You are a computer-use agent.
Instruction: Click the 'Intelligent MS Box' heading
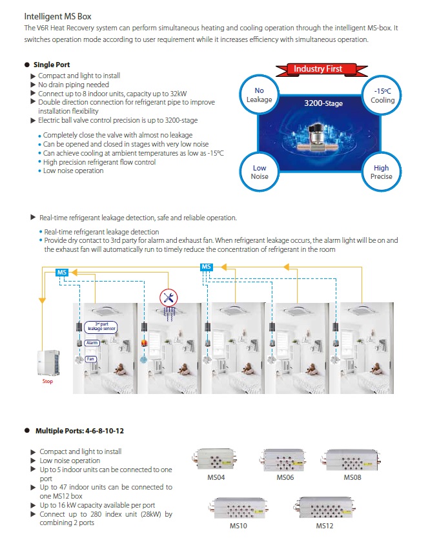(57, 16)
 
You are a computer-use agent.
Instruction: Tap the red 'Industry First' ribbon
(321, 69)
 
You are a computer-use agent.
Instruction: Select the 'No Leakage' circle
(259, 95)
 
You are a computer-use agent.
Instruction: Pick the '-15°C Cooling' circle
(382, 96)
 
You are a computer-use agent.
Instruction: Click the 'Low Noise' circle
(260, 172)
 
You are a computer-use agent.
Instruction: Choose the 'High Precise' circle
(381, 172)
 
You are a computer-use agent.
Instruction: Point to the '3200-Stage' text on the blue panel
(323, 103)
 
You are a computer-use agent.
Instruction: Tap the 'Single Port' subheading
(52, 65)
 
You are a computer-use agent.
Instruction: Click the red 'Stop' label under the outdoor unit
(48, 381)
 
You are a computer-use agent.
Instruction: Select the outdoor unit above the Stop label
(48, 363)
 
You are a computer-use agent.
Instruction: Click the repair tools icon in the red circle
(168, 298)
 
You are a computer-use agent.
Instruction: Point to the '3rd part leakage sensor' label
(101, 327)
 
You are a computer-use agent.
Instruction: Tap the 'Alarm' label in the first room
(92, 343)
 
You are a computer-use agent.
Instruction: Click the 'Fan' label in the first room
(90, 359)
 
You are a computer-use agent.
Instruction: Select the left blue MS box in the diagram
(62, 273)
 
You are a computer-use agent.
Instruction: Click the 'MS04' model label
(216, 477)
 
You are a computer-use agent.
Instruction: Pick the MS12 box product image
(325, 508)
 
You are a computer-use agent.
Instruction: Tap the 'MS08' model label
(352, 477)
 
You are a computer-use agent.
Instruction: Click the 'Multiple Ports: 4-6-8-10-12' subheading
(79, 431)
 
